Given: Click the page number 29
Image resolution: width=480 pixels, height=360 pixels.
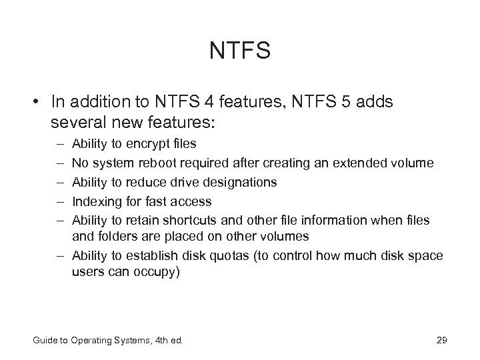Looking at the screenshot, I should [441, 341].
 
